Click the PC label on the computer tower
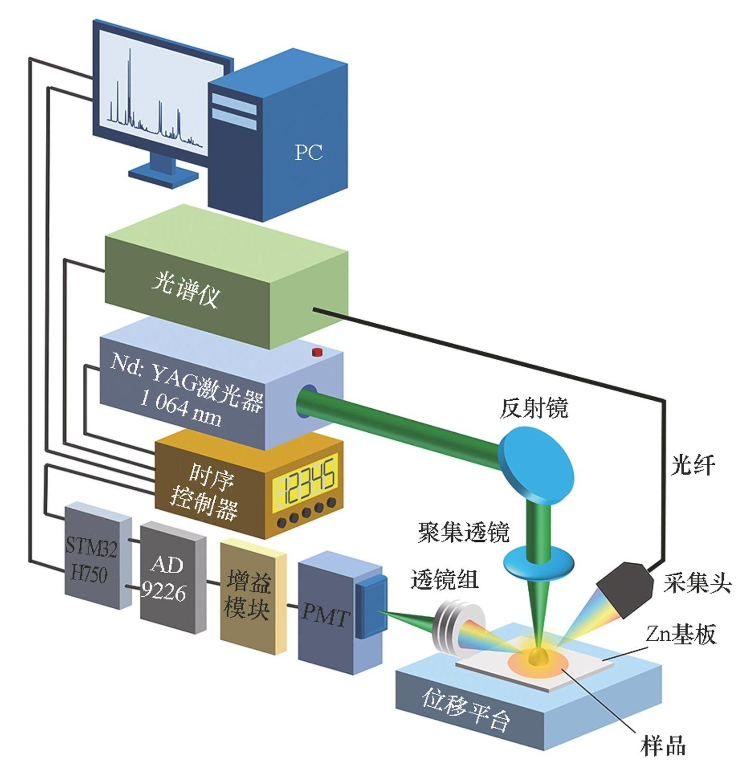(x=308, y=152)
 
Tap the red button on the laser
(x=317, y=352)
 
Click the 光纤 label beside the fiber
(x=693, y=464)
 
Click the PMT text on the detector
(x=325, y=617)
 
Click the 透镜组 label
(x=444, y=580)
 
